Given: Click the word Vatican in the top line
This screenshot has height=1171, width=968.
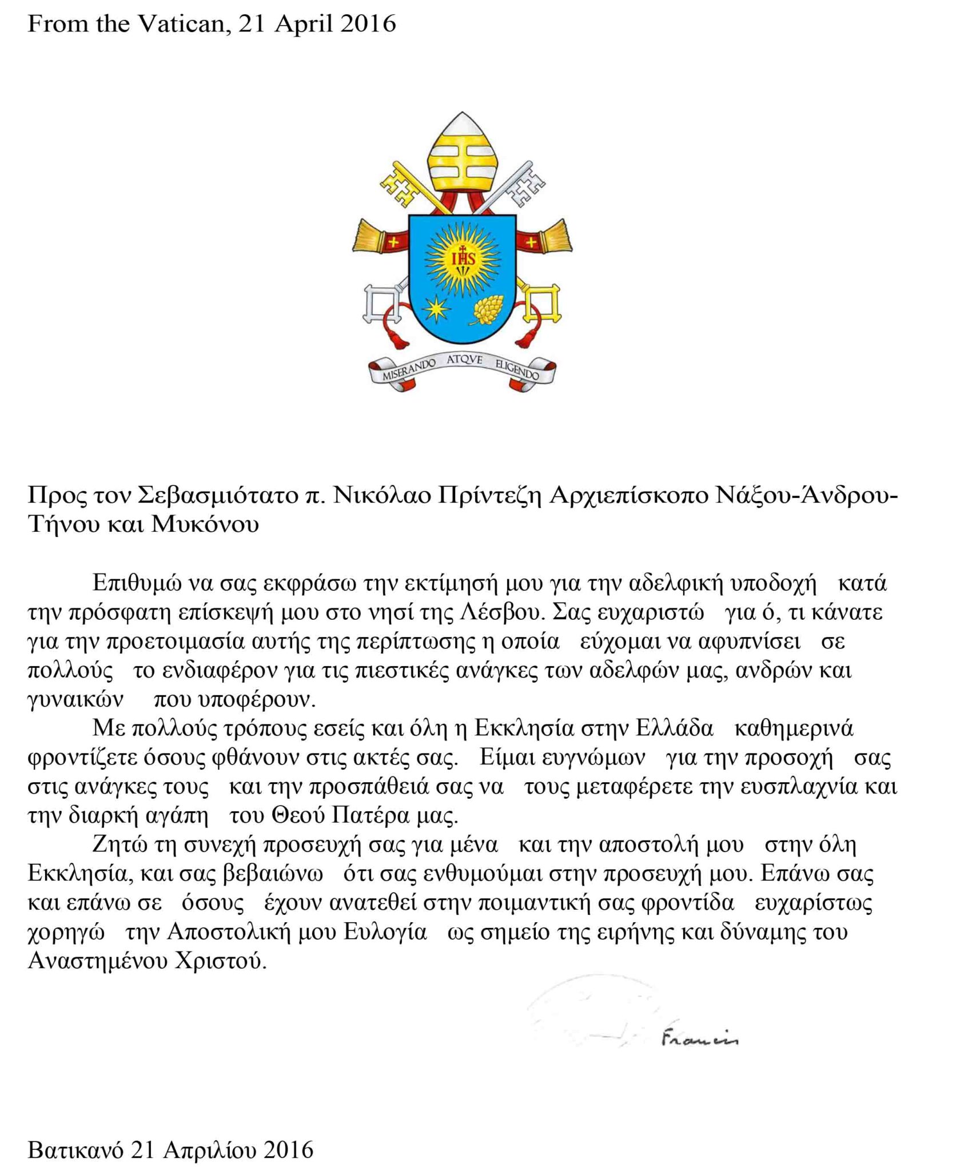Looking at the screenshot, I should pos(182,24).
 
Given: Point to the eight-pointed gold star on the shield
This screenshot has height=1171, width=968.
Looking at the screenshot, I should pos(439,308).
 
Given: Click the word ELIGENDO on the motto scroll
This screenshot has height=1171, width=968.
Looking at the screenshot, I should pos(517,369).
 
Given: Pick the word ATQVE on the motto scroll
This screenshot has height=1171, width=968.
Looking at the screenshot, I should pos(464,360).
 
